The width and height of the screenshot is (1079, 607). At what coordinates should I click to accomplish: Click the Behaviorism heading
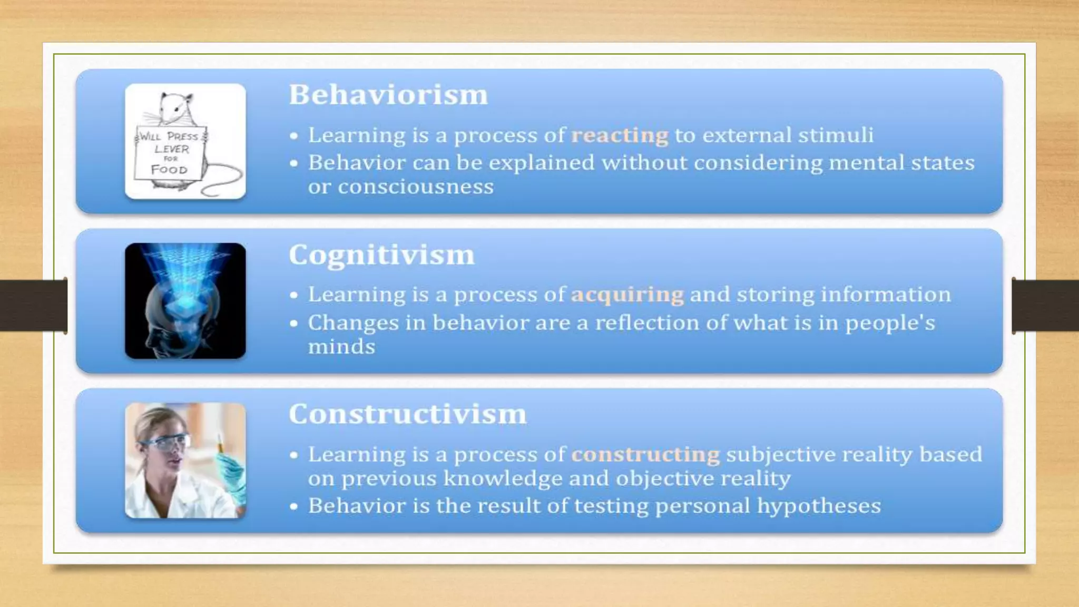[x=388, y=95]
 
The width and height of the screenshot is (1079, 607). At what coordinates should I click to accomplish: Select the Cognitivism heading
[x=381, y=256]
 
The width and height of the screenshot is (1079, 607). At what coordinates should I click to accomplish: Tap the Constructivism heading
[x=407, y=414]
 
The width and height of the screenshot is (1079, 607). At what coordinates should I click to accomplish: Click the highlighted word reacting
[x=620, y=136]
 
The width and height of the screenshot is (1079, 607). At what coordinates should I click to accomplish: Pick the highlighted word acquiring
[x=627, y=295]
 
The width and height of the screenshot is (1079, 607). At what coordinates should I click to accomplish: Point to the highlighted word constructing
[x=645, y=455]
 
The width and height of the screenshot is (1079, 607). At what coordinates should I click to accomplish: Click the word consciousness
[x=415, y=187]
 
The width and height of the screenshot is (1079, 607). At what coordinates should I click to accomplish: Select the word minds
[x=341, y=347]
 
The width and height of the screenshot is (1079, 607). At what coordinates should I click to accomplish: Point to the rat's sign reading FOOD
[x=169, y=170]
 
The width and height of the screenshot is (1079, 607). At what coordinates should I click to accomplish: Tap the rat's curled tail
[x=224, y=182]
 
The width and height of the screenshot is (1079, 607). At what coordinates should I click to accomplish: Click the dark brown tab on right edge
[x=1045, y=306]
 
